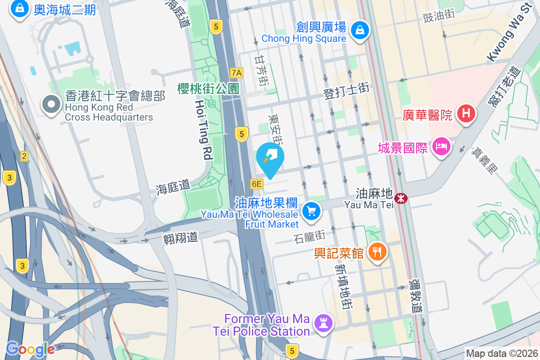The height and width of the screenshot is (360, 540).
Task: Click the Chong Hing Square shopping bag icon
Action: (x=360, y=31)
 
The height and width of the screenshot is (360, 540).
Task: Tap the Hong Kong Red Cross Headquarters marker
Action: (x=51, y=104)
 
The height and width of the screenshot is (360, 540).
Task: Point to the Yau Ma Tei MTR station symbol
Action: (x=400, y=198)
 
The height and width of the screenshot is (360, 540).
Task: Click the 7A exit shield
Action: (x=236, y=72)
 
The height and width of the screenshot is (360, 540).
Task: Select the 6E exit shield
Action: (x=256, y=184)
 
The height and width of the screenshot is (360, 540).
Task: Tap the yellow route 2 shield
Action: (x=24, y=156)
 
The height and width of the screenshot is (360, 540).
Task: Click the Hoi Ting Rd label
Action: (x=203, y=130)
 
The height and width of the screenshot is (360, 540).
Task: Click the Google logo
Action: (x=30, y=349)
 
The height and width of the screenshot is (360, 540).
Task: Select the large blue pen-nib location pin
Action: (x=270, y=158)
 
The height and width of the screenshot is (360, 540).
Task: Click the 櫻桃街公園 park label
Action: (x=208, y=88)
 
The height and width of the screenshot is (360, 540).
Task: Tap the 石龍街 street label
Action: (x=309, y=235)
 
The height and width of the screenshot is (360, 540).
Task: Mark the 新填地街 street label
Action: (x=342, y=286)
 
